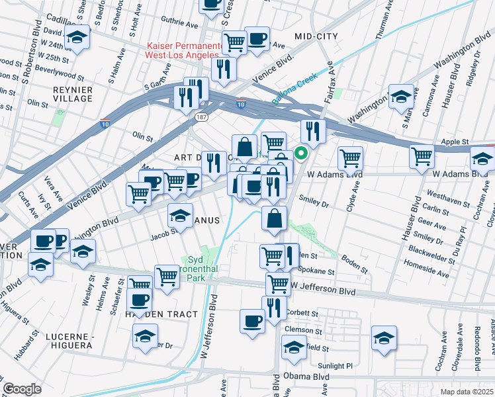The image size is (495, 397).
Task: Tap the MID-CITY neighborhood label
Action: (x=316, y=36)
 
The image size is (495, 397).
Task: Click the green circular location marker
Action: (x=301, y=154)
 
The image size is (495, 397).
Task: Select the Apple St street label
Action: (x=455, y=142)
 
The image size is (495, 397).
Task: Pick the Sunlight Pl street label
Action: (x=339, y=366)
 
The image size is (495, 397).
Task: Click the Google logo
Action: (x=22, y=389)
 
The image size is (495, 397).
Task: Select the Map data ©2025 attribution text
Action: (x=466, y=392)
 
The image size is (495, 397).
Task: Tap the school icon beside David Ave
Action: (x=78, y=38)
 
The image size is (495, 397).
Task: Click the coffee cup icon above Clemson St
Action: (x=253, y=321)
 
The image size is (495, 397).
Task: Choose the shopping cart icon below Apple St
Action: (x=422, y=156)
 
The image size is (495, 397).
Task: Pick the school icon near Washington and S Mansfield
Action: (x=401, y=96)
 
